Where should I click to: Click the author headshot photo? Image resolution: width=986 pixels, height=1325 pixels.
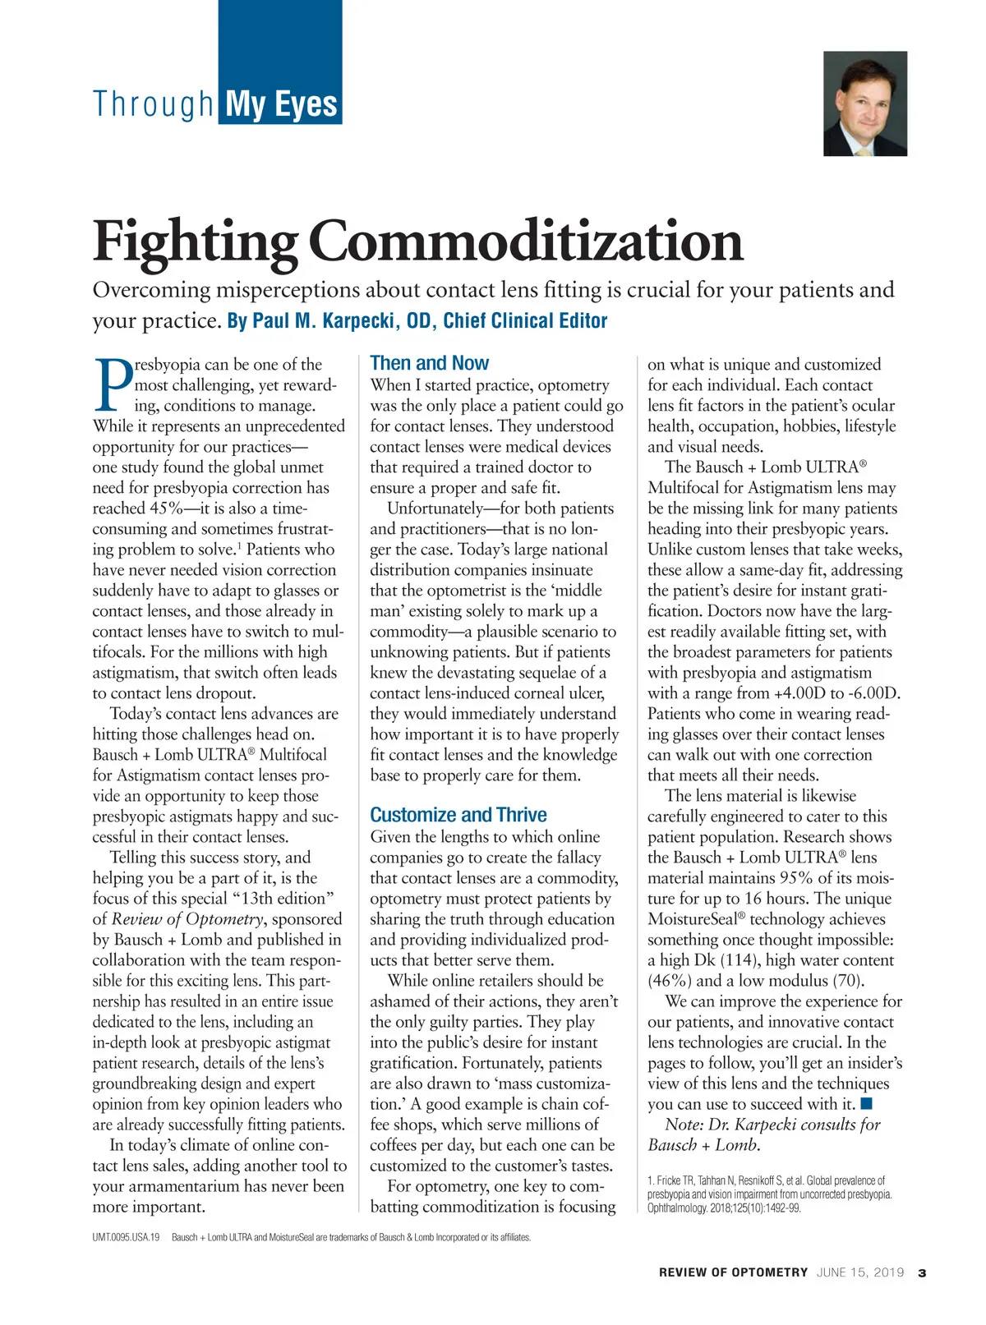(x=865, y=104)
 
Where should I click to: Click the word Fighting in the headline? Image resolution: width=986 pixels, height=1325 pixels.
(x=196, y=241)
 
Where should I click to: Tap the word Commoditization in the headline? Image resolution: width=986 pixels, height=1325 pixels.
(x=526, y=241)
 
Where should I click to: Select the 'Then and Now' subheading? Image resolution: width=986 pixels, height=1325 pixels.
(x=429, y=363)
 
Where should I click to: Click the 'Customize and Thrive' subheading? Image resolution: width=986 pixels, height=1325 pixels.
(x=458, y=815)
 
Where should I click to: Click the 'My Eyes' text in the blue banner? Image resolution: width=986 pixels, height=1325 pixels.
(x=281, y=105)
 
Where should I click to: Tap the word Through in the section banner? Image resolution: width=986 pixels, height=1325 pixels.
(x=154, y=105)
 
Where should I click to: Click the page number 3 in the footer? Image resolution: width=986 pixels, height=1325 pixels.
(x=922, y=1272)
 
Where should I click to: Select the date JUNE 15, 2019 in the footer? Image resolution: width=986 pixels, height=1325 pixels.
(x=860, y=1272)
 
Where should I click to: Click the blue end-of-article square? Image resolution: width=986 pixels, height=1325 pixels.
(x=866, y=1103)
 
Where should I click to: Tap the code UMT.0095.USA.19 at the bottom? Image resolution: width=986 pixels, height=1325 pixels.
(x=126, y=1237)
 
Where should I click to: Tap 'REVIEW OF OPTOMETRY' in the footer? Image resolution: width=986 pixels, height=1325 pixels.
(x=733, y=1272)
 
